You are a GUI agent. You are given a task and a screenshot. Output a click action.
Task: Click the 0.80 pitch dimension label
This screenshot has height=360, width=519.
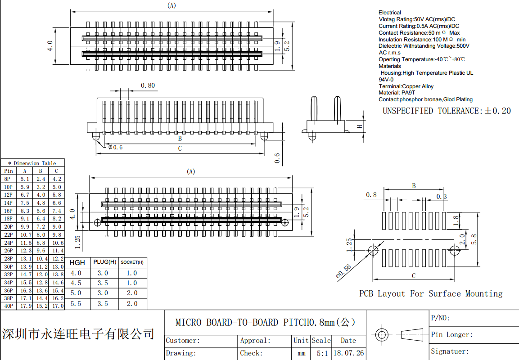[x=148, y=85]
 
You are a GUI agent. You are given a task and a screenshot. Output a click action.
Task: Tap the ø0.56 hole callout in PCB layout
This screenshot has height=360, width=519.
[x=344, y=271]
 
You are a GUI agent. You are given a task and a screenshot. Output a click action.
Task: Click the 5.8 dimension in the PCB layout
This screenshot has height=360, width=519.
[x=485, y=239]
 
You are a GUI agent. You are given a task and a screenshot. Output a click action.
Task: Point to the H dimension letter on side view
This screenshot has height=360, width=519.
[x=360, y=126]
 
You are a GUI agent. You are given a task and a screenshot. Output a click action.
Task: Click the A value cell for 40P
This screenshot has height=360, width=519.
[x=25, y=306]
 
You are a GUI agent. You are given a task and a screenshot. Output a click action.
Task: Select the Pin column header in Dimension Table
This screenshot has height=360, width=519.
[x=9, y=171]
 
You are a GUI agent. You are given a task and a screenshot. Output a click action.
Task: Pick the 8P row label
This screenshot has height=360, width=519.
[x=8, y=179]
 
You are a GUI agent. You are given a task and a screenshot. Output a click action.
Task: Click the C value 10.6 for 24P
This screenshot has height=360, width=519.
[x=58, y=243]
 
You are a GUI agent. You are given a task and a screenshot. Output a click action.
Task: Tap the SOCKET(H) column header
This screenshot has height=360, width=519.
[x=132, y=262]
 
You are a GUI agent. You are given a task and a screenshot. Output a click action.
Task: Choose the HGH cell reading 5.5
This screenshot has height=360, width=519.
[x=76, y=304]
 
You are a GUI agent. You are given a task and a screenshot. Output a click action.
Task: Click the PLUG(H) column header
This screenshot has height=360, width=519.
[x=104, y=262]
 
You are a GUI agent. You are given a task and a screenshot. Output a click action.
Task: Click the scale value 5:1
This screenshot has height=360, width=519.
[x=322, y=353]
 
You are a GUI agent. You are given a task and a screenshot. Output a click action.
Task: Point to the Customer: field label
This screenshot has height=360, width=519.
[x=183, y=341]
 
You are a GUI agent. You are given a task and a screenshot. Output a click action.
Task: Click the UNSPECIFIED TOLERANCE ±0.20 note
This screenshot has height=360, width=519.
[x=447, y=111]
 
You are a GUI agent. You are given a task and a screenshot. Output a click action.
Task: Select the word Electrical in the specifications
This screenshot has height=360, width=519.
[x=389, y=13]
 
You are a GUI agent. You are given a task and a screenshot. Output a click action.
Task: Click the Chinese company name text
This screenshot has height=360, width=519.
[x=78, y=334]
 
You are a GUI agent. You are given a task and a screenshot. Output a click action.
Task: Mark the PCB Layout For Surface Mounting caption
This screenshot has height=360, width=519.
[x=430, y=294]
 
